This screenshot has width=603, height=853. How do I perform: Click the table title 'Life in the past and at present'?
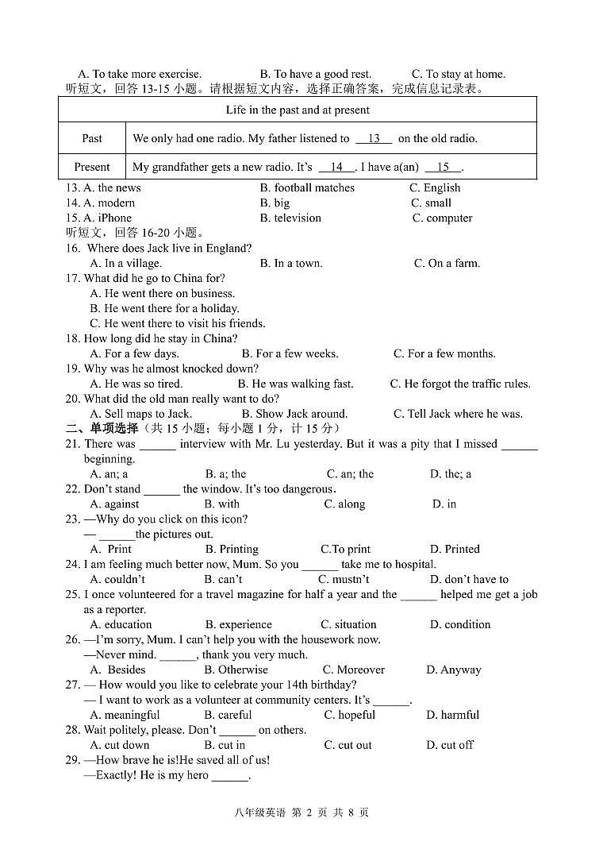coord(298,110)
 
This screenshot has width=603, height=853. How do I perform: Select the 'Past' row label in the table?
coord(92,138)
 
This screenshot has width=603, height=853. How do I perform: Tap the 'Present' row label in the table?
coord(92,167)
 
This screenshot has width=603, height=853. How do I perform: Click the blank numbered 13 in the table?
coord(374,138)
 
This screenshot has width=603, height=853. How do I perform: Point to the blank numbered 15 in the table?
coord(443,167)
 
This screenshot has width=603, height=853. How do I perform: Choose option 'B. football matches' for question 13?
coord(307,187)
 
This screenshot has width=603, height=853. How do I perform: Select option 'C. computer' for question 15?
coord(442,218)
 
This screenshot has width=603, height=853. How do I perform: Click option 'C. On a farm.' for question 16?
coord(447,263)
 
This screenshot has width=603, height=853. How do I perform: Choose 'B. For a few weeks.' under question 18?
coord(290,353)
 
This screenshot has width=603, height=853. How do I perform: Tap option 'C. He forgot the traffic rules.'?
coord(460,384)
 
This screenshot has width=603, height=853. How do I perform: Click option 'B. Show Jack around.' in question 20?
coord(294,414)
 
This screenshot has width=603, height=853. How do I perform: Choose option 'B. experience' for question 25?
coord(238,624)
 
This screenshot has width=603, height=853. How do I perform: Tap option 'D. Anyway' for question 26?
coord(453,670)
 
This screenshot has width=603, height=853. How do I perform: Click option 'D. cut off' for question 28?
coord(449,745)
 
